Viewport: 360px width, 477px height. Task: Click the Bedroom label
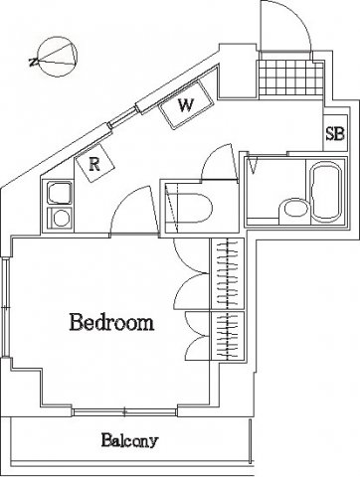click(111, 322)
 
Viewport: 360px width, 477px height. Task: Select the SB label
click(335, 134)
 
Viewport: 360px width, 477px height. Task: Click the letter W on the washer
click(186, 105)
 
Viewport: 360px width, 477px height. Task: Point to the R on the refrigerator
click(94, 164)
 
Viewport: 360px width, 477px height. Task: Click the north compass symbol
click(59, 57)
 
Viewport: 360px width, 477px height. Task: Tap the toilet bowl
click(191, 209)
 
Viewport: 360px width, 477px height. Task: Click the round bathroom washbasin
click(294, 211)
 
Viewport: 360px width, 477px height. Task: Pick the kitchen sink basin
click(60, 193)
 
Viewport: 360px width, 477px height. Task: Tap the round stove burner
click(61, 219)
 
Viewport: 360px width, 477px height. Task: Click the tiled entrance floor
click(290, 78)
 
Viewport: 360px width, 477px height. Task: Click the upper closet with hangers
click(228, 273)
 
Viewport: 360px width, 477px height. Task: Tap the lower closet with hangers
click(228, 336)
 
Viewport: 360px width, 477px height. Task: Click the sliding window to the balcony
click(124, 412)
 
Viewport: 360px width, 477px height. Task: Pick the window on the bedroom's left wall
click(5, 308)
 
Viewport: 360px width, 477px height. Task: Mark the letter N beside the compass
click(33, 62)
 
